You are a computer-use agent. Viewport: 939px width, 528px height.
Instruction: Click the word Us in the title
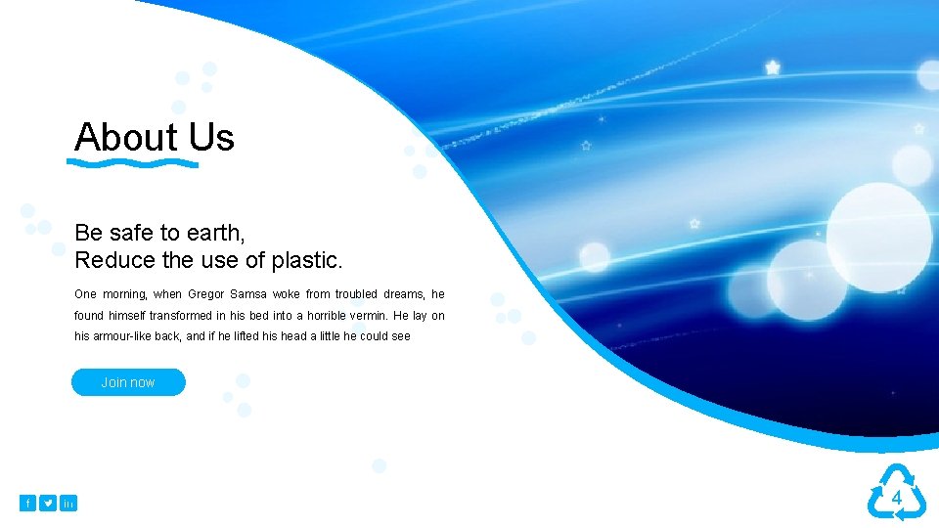tap(212, 137)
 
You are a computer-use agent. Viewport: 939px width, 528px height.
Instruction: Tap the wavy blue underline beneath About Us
tap(136, 163)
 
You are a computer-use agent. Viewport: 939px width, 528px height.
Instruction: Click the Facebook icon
tap(27, 503)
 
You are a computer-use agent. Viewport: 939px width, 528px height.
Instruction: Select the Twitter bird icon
tap(48, 503)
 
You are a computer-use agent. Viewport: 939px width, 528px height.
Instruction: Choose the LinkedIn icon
tap(68, 503)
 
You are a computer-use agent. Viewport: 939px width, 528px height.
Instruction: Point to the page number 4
tap(895, 499)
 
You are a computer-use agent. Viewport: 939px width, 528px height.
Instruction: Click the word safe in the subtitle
tap(132, 233)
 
